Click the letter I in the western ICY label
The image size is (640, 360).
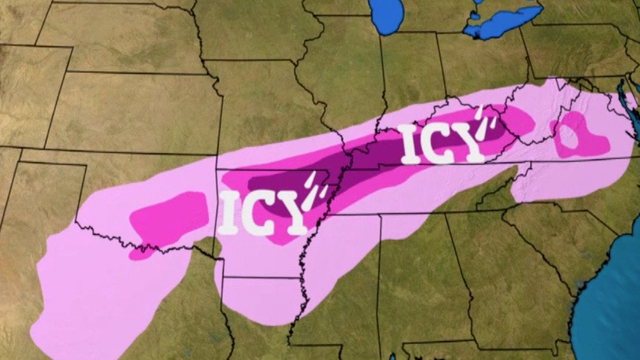[x=229, y=213]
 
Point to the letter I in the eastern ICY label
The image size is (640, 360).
[x=411, y=145]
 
